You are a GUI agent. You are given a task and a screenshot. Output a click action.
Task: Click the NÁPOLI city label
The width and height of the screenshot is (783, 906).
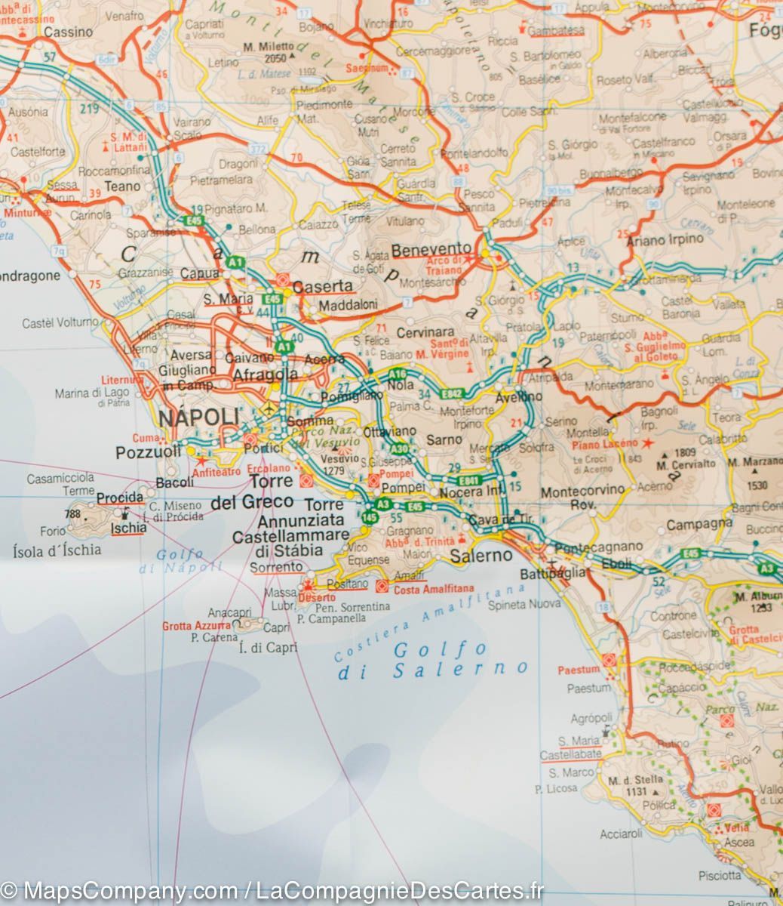pos(198,418)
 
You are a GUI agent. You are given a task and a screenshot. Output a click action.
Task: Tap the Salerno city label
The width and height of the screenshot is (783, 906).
pos(481,556)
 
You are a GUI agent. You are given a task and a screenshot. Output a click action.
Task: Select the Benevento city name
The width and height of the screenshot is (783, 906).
pos(431,249)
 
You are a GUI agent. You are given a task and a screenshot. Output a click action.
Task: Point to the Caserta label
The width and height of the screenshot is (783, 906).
pos(323,286)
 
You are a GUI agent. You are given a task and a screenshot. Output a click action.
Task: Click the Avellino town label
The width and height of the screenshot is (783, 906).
pos(519,396)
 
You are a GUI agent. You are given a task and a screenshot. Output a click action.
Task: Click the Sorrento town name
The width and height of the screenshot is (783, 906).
pos(277,567)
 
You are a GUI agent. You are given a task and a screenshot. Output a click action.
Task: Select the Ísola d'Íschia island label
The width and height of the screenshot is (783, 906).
pos(57,550)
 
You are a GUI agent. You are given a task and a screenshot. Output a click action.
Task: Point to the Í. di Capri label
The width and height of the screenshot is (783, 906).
pos(268,647)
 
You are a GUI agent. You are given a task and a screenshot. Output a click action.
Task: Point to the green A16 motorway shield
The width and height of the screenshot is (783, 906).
pos(398,374)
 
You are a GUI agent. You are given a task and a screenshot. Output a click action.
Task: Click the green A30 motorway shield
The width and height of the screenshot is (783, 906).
pos(400,449)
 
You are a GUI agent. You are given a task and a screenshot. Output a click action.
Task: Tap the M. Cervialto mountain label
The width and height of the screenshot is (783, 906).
pos(686,464)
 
